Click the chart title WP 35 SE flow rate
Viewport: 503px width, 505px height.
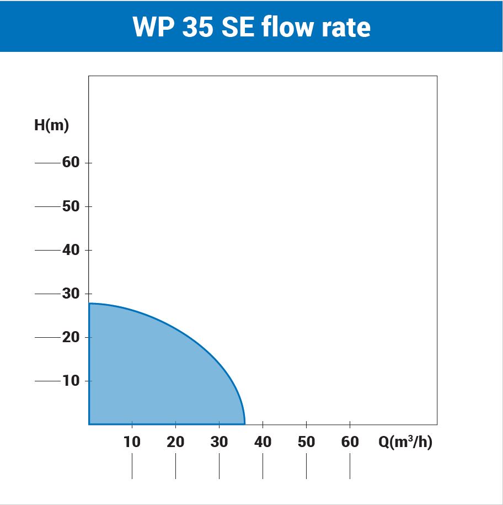pos(251,26)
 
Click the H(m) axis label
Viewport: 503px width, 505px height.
pos(51,125)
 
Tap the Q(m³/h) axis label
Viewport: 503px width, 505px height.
pos(405,442)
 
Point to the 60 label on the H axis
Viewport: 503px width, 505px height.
pos(71,163)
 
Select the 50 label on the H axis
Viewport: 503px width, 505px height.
pos(71,206)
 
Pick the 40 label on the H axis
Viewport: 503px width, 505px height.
pos(71,250)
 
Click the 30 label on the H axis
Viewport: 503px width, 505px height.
pos(71,294)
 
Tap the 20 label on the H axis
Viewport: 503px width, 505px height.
pos(71,337)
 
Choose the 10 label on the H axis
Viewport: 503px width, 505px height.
pos(71,381)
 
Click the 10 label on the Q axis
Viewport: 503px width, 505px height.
pos(132,442)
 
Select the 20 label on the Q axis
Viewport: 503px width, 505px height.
pos(175,442)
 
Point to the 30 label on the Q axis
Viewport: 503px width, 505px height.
pos(219,442)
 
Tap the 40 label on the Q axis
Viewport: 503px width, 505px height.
pos(263,442)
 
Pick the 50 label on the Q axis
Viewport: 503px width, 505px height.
pos(306,442)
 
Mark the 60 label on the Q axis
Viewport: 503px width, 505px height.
pos(350,442)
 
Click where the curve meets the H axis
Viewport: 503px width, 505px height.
pos(89,304)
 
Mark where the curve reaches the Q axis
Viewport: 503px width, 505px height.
pos(244,423)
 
